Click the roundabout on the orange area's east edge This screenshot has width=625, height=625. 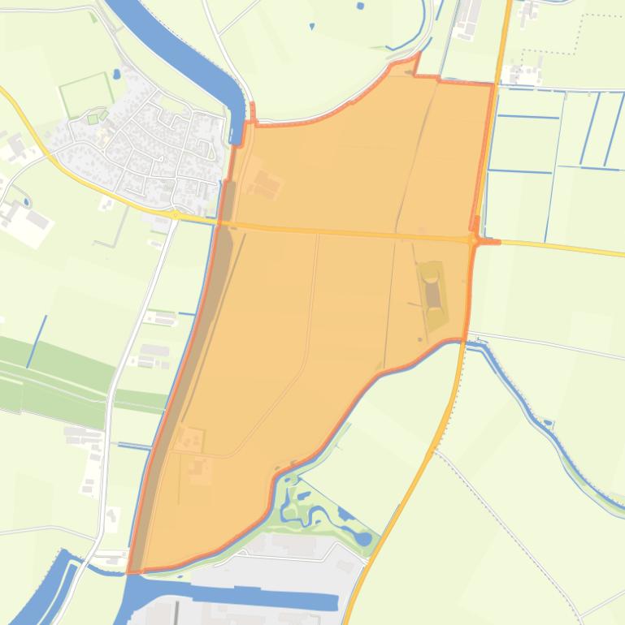click(473, 240)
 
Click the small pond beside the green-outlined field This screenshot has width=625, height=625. click(117, 74)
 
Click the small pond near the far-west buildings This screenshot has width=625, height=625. click(26, 202)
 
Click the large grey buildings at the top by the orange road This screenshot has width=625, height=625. click(468, 19)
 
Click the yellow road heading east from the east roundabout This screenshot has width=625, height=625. click(561, 247)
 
